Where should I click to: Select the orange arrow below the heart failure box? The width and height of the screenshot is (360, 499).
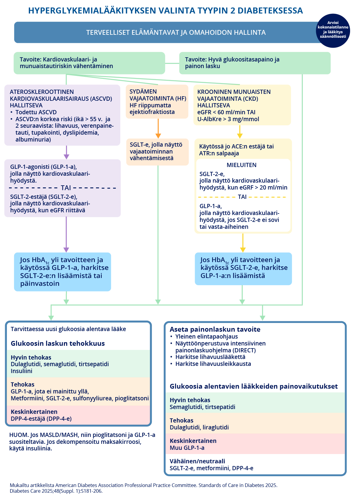pos(158,129)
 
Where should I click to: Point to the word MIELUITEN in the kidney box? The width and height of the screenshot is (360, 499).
pos(241,165)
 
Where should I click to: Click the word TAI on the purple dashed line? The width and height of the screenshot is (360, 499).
pos(66,188)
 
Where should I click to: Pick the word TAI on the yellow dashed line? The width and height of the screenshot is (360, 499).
pos(242,197)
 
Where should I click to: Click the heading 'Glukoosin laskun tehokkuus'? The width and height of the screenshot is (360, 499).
pos(58,343)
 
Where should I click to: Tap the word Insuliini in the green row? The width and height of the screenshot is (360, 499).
pos(22,371)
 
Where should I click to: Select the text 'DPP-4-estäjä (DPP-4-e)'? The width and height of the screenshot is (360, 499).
pos(41,419)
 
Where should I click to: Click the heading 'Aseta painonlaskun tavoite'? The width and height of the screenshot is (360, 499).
pos(215,329)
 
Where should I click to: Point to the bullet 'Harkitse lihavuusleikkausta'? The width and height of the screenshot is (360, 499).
pos(213,364)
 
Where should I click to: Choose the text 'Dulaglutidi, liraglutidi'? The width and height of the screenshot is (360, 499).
pos(199,427)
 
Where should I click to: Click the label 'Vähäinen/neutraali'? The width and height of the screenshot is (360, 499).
pos(197,461)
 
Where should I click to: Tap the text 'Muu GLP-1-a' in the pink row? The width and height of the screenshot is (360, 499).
pos(187,448)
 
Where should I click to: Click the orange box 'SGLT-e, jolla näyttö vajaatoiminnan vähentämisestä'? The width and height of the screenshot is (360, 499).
pos(157,152)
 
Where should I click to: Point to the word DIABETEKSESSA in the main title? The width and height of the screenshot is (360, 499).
pos(270,10)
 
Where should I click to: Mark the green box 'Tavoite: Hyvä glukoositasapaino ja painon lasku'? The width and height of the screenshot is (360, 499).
pos(255,63)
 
